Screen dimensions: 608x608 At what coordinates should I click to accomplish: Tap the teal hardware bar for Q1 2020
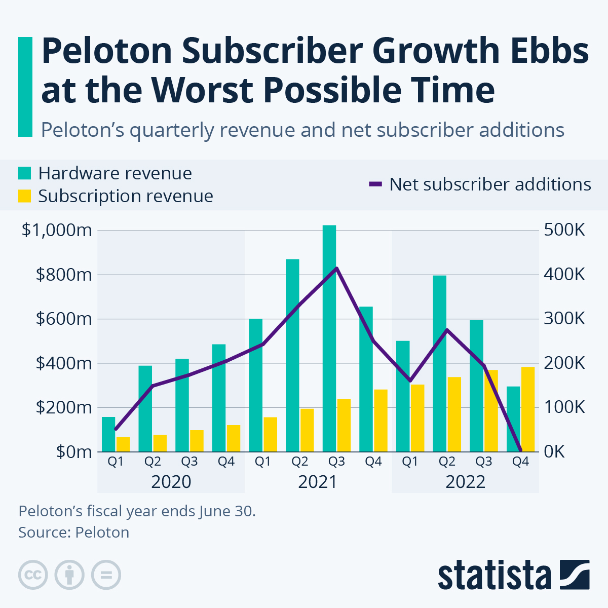(x=108, y=434)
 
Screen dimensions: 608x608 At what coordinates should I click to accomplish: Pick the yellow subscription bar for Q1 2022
(x=417, y=418)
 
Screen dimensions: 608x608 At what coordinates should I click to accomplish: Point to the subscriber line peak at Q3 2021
(x=337, y=268)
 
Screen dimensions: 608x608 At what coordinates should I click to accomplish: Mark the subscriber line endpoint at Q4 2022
(x=521, y=450)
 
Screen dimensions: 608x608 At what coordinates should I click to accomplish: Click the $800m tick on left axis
(x=64, y=275)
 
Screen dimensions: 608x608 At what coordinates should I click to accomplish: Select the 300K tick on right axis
(x=564, y=319)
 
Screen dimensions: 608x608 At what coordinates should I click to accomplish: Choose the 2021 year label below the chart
(x=318, y=481)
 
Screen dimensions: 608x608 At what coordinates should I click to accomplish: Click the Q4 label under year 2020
(x=226, y=462)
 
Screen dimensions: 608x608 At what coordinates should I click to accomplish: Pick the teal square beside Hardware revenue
(x=25, y=173)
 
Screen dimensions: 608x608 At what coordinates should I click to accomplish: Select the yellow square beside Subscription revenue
(x=25, y=196)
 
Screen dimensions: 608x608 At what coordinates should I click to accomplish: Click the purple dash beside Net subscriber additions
(x=375, y=184)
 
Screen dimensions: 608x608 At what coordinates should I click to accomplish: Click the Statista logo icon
(x=575, y=575)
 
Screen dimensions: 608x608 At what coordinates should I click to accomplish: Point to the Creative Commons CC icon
(x=33, y=575)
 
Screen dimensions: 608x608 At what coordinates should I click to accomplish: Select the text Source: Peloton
(x=74, y=533)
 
